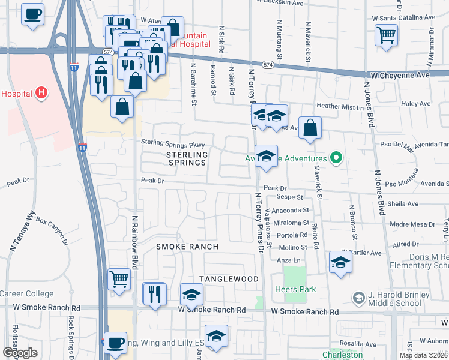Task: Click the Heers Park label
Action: (x=298, y=290)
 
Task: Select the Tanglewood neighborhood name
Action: (x=229, y=279)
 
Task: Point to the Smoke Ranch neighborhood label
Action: (x=187, y=247)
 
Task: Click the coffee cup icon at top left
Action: (x=32, y=13)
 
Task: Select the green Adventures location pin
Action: (x=336, y=158)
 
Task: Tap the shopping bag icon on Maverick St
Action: (x=309, y=128)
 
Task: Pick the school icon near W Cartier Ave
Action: (x=340, y=262)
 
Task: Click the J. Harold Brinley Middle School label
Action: (x=400, y=299)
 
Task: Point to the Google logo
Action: (x=20, y=353)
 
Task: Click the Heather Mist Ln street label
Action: (x=340, y=106)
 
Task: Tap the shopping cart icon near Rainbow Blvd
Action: (x=119, y=278)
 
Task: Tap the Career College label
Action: (x=26, y=294)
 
